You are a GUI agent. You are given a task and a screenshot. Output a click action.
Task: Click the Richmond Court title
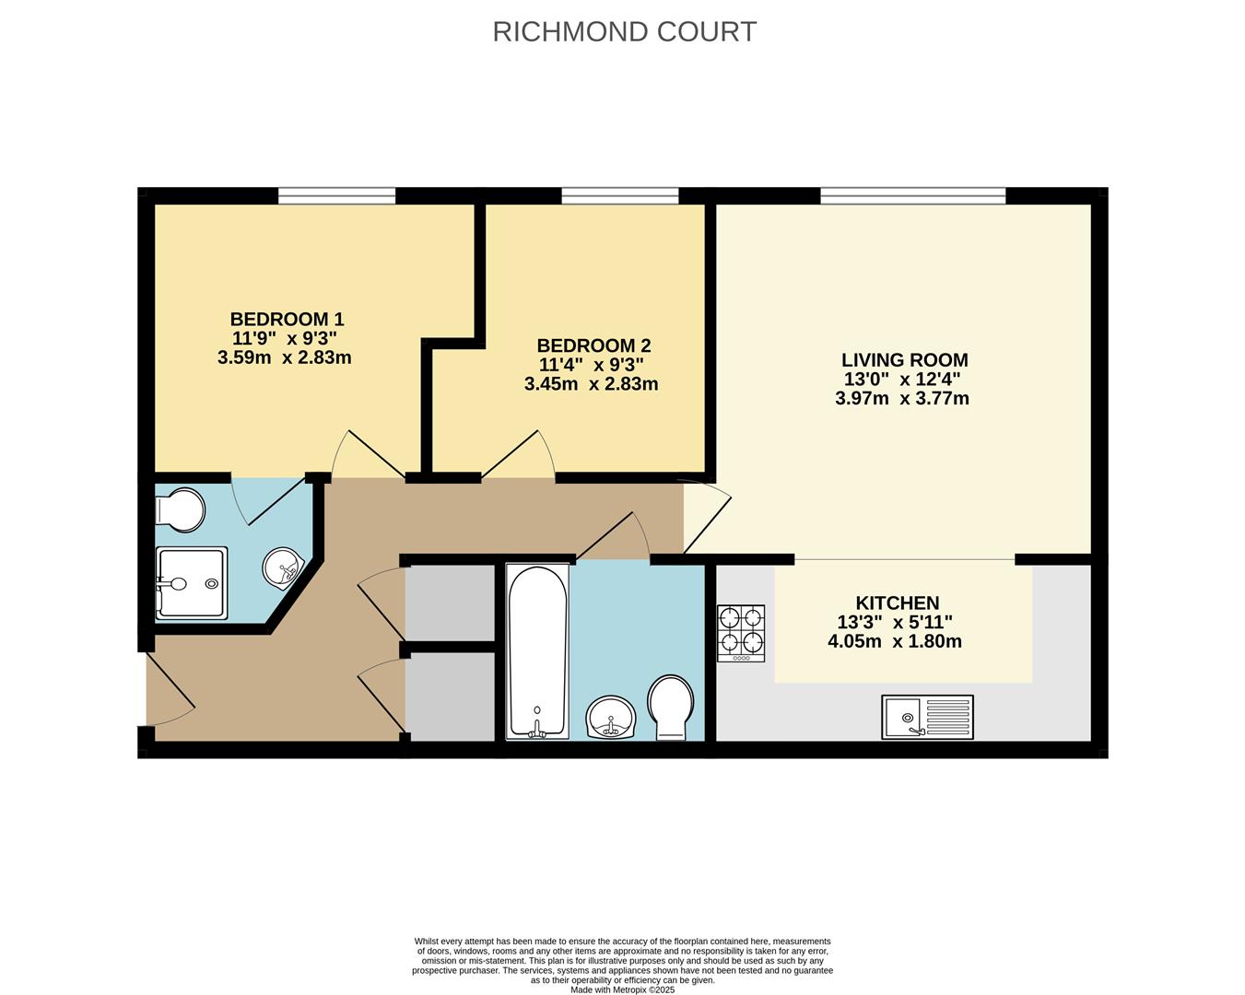pyautogui.click(x=624, y=31)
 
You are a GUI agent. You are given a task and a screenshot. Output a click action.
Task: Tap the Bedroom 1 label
pyautogui.click(x=287, y=319)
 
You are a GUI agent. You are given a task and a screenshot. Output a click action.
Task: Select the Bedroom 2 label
pyautogui.click(x=593, y=345)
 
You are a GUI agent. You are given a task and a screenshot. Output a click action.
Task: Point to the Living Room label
pyautogui.click(x=904, y=360)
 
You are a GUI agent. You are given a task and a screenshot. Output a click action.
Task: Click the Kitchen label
pyautogui.click(x=897, y=603)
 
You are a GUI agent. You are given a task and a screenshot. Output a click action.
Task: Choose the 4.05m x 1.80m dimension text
pyautogui.click(x=894, y=641)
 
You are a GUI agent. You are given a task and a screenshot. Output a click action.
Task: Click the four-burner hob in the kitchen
pyautogui.click(x=742, y=633)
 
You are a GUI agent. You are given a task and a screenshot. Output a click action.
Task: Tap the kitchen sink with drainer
pyautogui.click(x=927, y=717)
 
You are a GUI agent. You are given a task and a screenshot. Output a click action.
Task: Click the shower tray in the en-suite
pyautogui.click(x=191, y=583)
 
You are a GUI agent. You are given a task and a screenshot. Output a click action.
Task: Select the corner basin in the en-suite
pyautogui.click(x=282, y=567)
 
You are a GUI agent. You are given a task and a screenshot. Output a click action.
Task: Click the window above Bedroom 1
pyautogui.click(x=336, y=195)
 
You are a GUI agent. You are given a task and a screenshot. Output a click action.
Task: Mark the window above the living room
pyautogui.click(x=912, y=195)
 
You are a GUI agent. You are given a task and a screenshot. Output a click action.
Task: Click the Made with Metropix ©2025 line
pyautogui.click(x=623, y=989)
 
